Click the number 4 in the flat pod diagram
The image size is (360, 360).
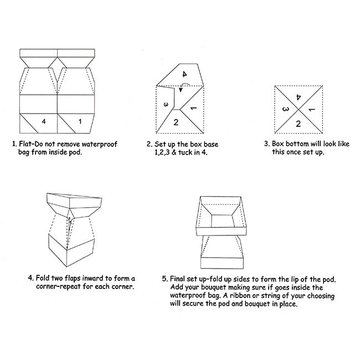click(44, 121)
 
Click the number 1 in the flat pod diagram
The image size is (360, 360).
click(80, 121)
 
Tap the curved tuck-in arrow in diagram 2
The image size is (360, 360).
click(184, 87)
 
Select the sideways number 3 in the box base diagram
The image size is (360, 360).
click(166, 105)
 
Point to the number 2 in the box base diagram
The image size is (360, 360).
click(176, 122)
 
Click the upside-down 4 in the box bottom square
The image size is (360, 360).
click(298, 97)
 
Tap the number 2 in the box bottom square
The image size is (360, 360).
click(298, 124)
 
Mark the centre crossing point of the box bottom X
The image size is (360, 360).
click(299, 110)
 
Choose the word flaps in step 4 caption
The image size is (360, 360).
click(73, 278)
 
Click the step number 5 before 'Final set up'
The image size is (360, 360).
click(165, 279)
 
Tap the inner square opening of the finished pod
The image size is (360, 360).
click(223, 221)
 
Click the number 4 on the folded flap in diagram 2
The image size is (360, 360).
click(184, 74)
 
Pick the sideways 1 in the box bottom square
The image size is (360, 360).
click(312, 110)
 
